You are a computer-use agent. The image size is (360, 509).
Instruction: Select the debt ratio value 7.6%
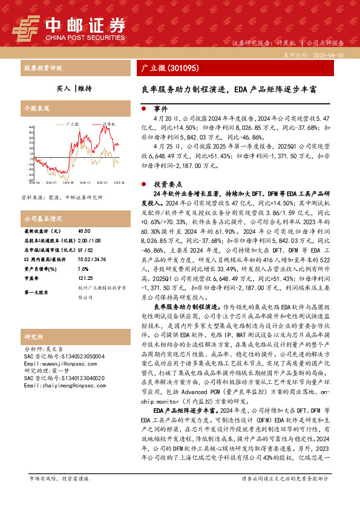click(x=83, y=269)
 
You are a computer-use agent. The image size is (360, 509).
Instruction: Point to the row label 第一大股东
click(x=37, y=293)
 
